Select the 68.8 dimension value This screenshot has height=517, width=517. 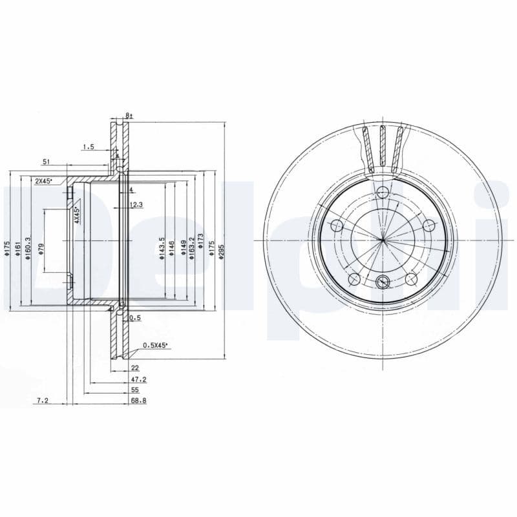[139, 401]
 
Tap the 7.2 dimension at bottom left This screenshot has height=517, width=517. [43, 401]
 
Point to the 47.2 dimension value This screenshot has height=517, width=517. [139, 380]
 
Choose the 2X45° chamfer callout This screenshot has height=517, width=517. [43, 182]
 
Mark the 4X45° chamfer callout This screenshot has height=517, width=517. [76, 215]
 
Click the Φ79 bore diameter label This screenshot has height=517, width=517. [41, 249]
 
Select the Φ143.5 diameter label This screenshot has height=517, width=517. [162, 248]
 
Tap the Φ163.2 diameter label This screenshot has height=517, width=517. [192, 248]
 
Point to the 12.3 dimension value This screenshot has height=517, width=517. [136, 205]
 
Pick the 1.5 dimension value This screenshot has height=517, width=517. [88, 147]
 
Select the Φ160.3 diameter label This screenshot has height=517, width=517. [26, 248]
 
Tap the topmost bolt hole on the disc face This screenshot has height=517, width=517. [383, 192]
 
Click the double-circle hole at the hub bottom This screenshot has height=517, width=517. [383, 282]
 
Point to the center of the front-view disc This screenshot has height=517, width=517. [383, 240]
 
